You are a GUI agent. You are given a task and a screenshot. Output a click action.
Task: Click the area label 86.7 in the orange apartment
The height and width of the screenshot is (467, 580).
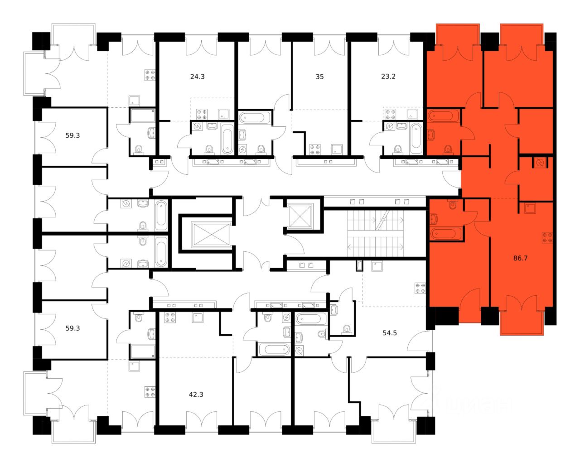(x=520, y=258)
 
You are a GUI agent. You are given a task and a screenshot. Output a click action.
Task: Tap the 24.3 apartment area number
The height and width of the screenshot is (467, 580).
(x=197, y=77)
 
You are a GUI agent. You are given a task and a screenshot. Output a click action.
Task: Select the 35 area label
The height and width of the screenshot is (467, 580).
(x=319, y=77)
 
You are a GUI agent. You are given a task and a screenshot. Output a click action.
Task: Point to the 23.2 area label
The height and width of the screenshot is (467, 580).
(x=388, y=77)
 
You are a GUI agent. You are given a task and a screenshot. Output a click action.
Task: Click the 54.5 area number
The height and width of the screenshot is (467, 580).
(x=390, y=333)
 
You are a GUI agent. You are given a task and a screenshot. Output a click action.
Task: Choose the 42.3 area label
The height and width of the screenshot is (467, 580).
(x=196, y=395)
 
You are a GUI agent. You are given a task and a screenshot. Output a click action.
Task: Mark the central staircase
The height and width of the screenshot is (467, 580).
(x=376, y=234)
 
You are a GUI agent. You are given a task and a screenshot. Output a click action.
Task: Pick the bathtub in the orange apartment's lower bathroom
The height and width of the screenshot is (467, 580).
(x=446, y=234)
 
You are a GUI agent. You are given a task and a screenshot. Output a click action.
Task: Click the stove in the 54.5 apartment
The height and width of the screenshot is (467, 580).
(x=420, y=288)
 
